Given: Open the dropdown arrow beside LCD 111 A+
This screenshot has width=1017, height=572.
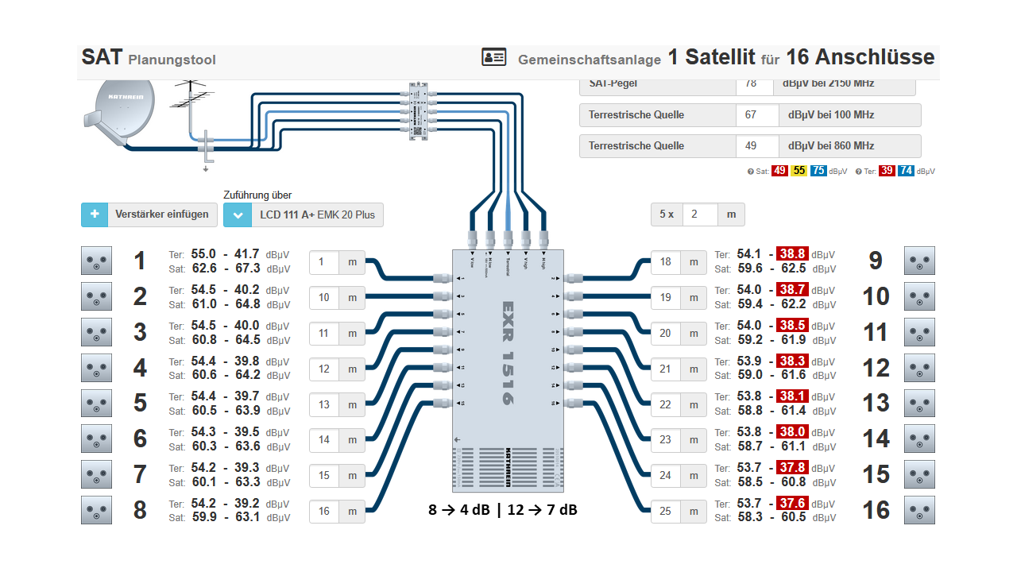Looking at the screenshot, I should coord(237,214).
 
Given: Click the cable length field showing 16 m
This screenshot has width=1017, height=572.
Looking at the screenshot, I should coord(324,511).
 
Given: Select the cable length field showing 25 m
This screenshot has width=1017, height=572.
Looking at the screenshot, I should coord(666,511).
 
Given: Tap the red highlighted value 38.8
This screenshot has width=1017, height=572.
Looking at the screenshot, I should coord(793,254).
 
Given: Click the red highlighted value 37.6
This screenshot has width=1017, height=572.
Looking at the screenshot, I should coord(793,504).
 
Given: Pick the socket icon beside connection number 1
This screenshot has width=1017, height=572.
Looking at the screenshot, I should coord(96,261).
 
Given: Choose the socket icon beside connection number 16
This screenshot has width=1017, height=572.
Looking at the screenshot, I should coord(919,510).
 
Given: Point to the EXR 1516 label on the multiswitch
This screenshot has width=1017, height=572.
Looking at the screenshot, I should coord(508,353).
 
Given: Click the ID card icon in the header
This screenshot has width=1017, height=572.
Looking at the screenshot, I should coord(493,57).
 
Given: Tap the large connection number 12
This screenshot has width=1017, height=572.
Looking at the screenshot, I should coord(876,368).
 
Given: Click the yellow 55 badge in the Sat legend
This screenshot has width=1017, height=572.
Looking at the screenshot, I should coord(799,171).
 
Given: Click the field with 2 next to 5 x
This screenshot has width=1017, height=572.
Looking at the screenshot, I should coord(698,214).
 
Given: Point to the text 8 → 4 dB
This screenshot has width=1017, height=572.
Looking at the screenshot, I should coord(459,510).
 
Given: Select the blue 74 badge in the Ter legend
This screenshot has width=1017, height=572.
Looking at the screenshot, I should coord(905,171).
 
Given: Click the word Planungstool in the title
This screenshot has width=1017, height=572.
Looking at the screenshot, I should coord(172,60).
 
